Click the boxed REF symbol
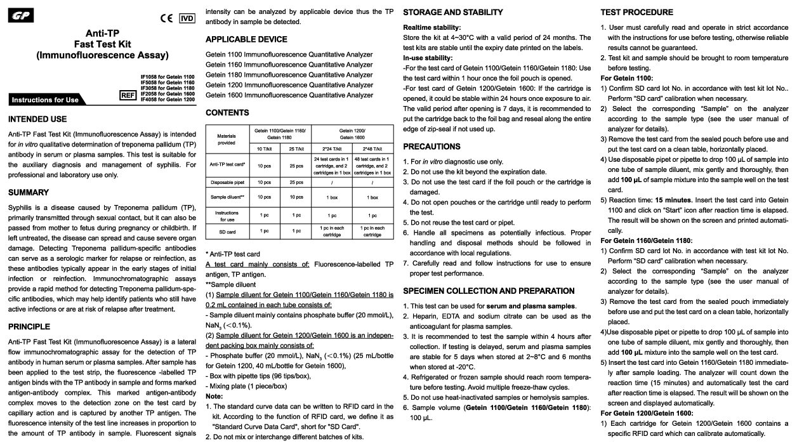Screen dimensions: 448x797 pyautogui.click(x=129, y=95)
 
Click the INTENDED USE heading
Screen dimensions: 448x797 pyautogui.click(x=37, y=119)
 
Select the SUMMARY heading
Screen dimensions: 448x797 pyautogui.click(x=29, y=192)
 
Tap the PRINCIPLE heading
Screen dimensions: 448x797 pyautogui.click(x=29, y=327)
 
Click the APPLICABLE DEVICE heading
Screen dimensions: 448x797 pyautogui.click(x=246, y=39)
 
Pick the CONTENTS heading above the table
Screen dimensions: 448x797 pyautogui.click(x=227, y=113)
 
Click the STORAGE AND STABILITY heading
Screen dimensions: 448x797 pyautogui.click(x=453, y=12)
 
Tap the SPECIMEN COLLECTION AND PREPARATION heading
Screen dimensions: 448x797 pyautogui.click(x=489, y=291)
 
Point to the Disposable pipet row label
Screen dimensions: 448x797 pyautogui.click(x=227, y=181)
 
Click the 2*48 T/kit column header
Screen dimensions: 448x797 pyautogui.click(x=372, y=148)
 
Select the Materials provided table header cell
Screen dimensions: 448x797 pyautogui.click(x=227, y=139)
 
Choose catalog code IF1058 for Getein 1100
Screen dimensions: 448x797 pyautogui.click(x=168, y=77)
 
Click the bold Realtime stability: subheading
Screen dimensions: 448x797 pyautogui.click(x=432, y=27)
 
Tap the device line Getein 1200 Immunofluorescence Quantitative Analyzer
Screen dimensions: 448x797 pyautogui.click(x=289, y=85)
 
